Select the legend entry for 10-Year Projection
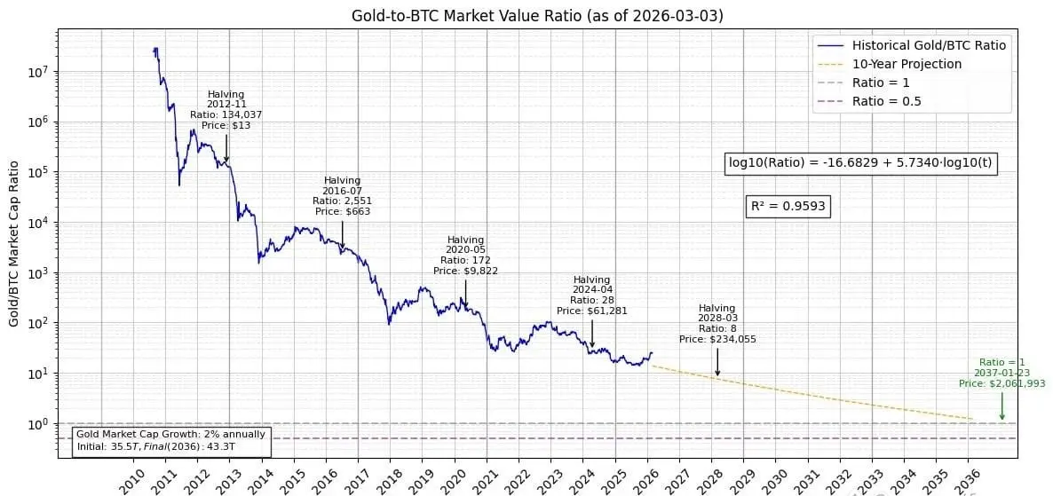pyautogui.click(x=907, y=64)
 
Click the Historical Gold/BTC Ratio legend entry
pyautogui.click(x=929, y=45)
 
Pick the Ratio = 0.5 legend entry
pyautogui.click(x=886, y=101)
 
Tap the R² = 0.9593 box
pyautogui.click(x=788, y=206)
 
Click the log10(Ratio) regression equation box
pyautogui.click(x=860, y=162)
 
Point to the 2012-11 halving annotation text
pyautogui.click(x=226, y=110)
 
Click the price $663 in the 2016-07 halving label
pyautogui.click(x=343, y=211)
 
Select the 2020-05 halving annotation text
pyautogui.click(x=465, y=255)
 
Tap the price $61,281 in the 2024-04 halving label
pyautogui.click(x=591, y=311)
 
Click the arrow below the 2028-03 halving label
pyautogui.click(x=717, y=361)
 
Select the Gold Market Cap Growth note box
pyautogui.click(x=171, y=440)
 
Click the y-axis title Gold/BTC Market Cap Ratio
pyautogui.click(x=14, y=243)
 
